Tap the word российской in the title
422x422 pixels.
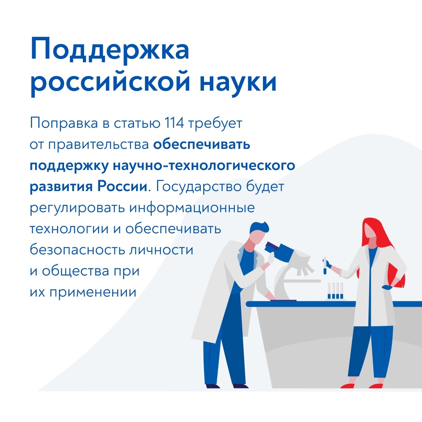tap(110, 82)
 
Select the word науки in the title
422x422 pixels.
tap(238, 82)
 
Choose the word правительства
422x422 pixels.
tap(98, 145)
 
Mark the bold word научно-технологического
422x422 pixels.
tap(204, 165)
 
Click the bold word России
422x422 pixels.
tap(122, 186)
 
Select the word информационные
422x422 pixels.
tap(192, 208)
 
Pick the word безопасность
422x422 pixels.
tap(77, 249)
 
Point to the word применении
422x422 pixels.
tap(93, 292)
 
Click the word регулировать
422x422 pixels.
tap(77, 208)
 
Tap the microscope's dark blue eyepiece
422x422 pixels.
tap(272, 247)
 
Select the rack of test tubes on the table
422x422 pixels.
tap(335, 291)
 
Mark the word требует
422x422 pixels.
tap(215, 123)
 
